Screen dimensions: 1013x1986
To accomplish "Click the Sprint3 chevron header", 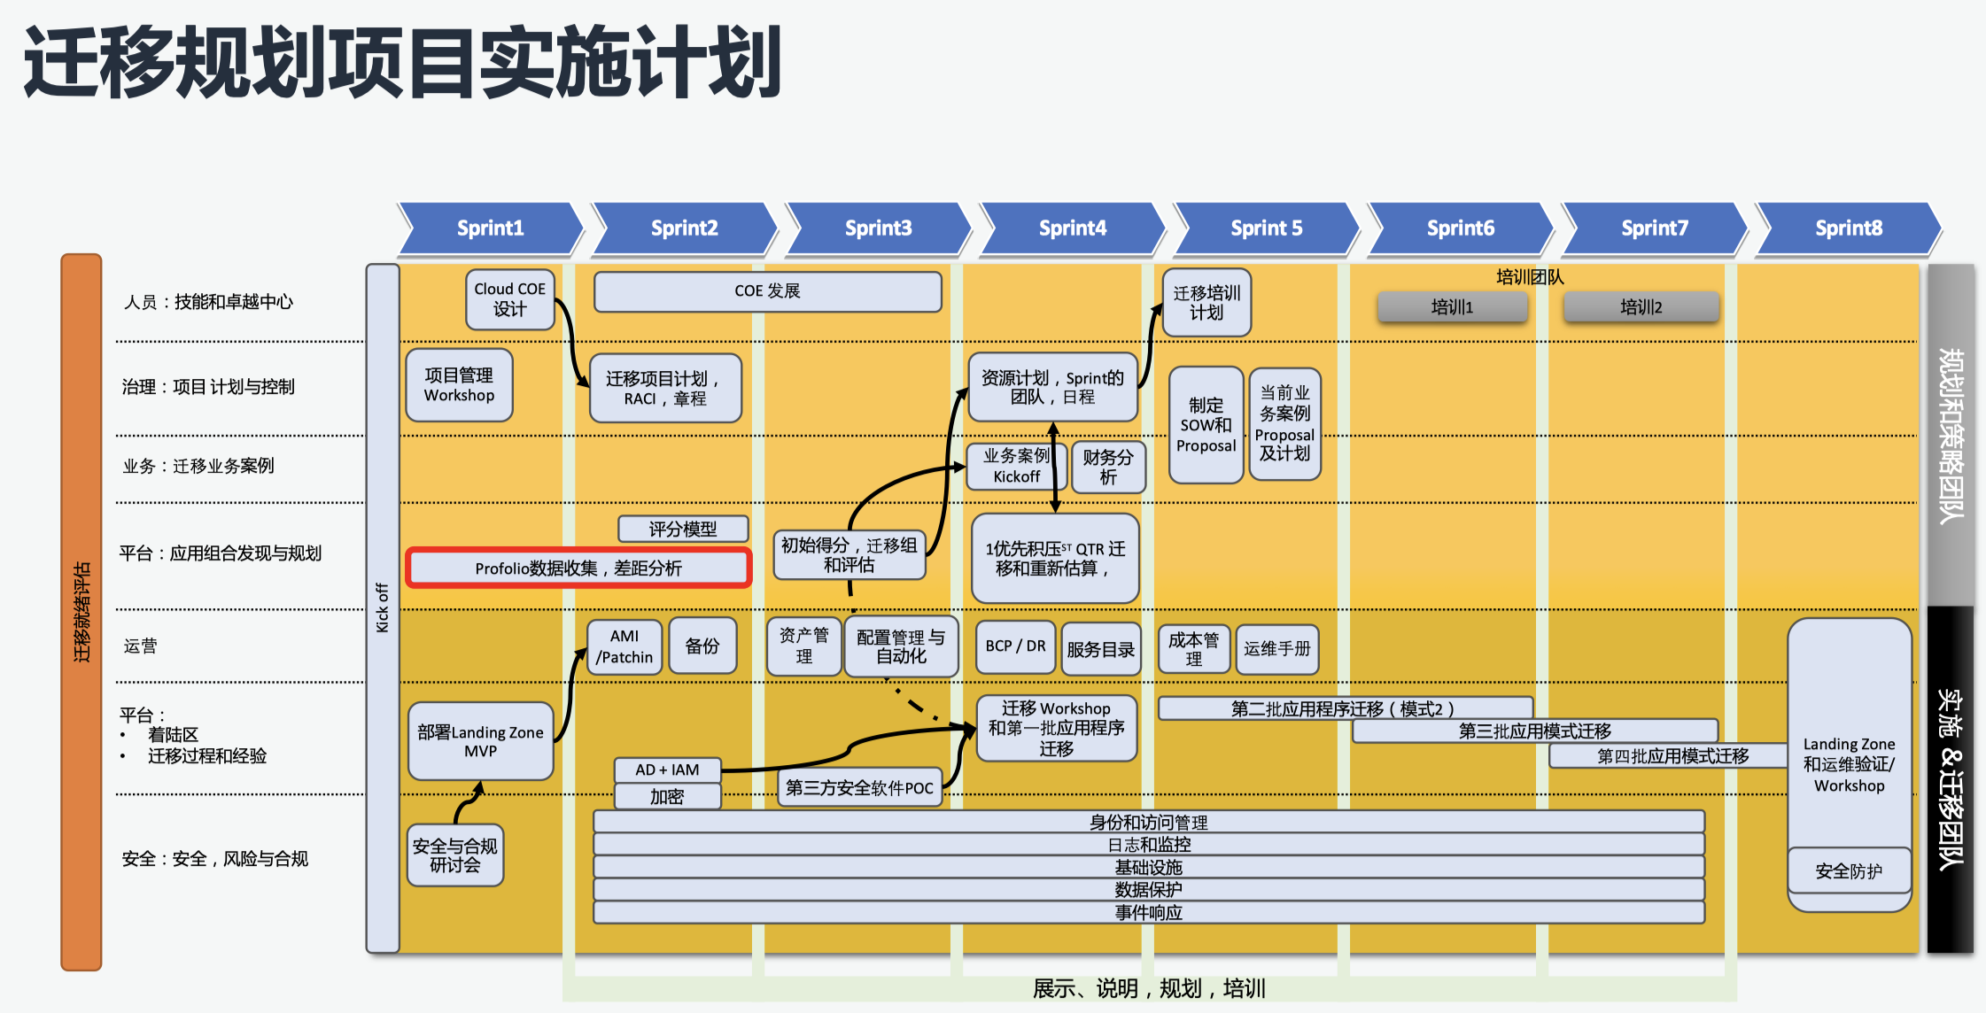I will pos(878,228).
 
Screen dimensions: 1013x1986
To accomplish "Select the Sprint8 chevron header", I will pos(1848,228).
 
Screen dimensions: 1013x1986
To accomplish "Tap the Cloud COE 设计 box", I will pos(510,299).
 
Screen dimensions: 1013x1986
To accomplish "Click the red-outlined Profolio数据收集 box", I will pos(578,568).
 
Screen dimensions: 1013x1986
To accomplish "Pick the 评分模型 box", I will pos(682,530).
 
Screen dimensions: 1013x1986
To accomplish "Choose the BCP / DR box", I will pos(1015,647).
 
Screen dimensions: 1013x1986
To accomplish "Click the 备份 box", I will pos(702,646).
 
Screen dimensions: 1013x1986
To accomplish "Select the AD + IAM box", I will pos(667,770).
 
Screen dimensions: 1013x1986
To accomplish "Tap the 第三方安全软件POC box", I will pos(859,787).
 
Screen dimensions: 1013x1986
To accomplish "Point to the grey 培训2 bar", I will pos(1641,307).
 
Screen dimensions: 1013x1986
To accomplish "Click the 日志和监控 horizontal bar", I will pos(1149,845).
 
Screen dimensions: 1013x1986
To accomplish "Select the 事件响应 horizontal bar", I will pos(1149,912).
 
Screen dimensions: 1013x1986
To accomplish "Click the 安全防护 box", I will pos(1849,871).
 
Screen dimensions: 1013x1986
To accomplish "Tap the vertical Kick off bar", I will pos(383,607).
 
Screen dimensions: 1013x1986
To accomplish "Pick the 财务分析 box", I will pos(1108,467).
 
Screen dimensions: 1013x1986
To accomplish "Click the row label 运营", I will pos(140,646).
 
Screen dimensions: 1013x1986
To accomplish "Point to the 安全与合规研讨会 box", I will pos(455,855).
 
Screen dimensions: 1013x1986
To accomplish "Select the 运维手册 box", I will pos(1276,649).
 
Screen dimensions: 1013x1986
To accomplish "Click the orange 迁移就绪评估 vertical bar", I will pos(81,611).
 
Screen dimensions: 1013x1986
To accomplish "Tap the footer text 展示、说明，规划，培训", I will pos(1149,988).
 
